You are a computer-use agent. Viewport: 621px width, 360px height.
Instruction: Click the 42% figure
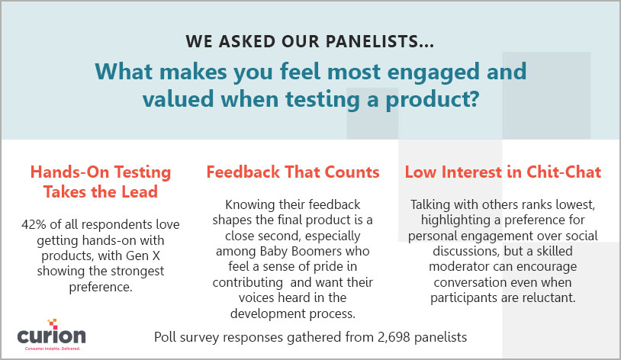click(34, 224)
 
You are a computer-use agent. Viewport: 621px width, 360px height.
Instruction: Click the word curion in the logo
click(51, 336)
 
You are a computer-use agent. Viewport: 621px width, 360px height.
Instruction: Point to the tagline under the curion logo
click(53, 349)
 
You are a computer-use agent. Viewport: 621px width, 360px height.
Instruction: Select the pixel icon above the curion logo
click(53, 323)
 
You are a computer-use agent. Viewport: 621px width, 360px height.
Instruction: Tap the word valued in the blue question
click(179, 98)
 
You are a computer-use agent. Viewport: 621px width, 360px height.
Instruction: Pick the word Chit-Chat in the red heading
click(564, 172)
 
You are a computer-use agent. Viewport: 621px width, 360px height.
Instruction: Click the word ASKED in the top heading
click(247, 42)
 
